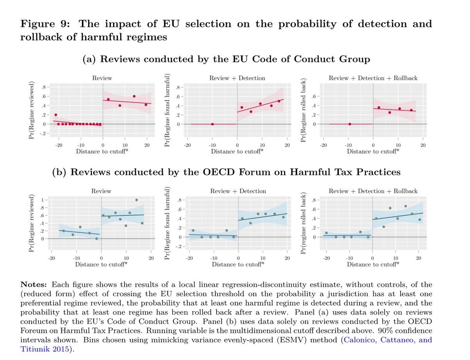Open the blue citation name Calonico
(x=359, y=340)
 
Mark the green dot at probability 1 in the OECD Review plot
(x=137, y=200)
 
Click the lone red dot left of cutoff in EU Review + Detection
(x=212, y=124)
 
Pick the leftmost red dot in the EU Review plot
(x=56, y=115)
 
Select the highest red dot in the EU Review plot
(x=134, y=96)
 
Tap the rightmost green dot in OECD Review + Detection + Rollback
(x=419, y=220)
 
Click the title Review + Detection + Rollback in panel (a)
(x=373, y=78)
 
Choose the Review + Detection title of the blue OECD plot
(x=238, y=191)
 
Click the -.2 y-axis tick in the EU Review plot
(x=44, y=133)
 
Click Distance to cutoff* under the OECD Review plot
(x=101, y=265)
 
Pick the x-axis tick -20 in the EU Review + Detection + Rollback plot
(x=323, y=145)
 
